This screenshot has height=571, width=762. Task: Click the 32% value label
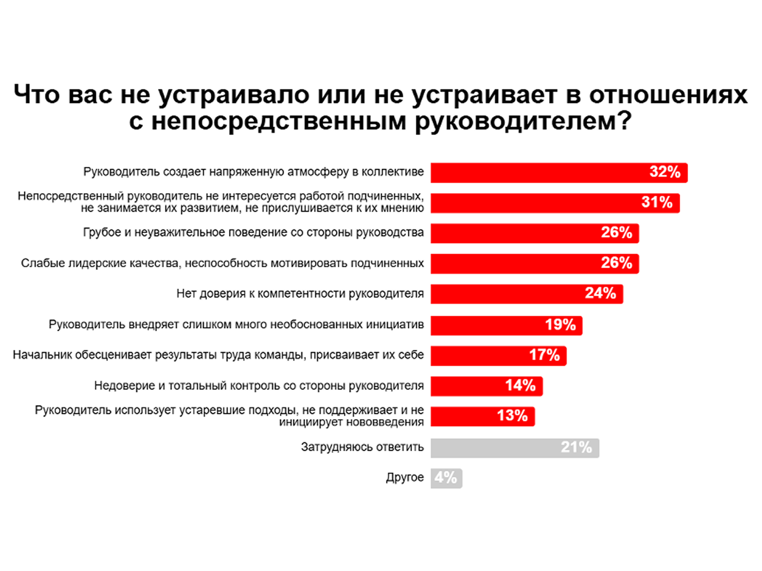pyautogui.click(x=665, y=172)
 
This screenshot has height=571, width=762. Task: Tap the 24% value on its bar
pyautogui.click(x=600, y=293)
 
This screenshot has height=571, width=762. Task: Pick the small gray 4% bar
pyautogui.click(x=446, y=478)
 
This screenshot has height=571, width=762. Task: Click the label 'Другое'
pyautogui.click(x=405, y=478)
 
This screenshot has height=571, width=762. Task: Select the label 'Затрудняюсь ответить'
pyautogui.click(x=362, y=447)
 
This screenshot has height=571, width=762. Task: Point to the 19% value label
pyautogui.click(x=560, y=325)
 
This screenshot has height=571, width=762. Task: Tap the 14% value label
pyautogui.click(x=520, y=386)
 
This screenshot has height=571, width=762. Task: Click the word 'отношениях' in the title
pyautogui.click(x=668, y=95)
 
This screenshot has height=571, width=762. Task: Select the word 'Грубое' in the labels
pyautogui.click(x=102, y=233)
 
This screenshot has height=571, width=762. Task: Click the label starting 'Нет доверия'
pyautogui.click(x=300, y=294)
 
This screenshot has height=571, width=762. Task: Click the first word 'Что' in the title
pyautogui.click(x=37, y=95)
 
